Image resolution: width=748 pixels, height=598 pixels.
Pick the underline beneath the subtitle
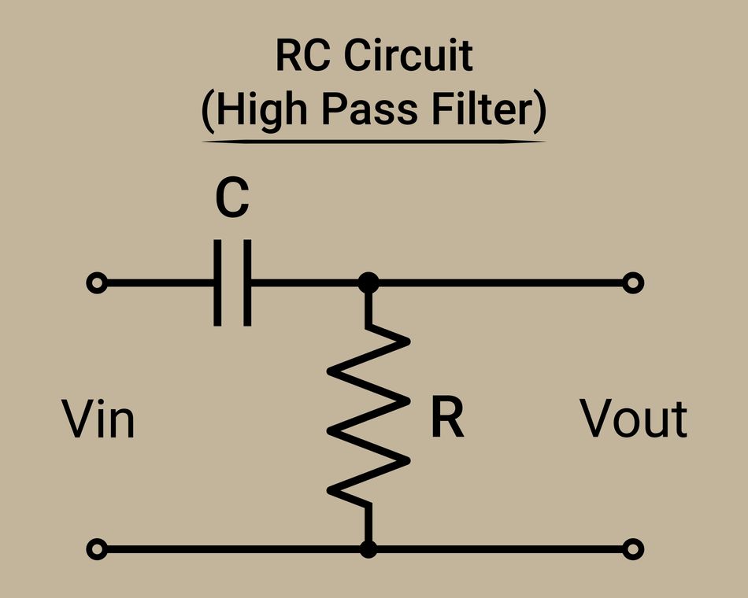coord(373,142)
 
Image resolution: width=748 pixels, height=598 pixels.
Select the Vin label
coord(98,419)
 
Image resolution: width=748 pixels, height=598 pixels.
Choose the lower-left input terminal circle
coord(97,548)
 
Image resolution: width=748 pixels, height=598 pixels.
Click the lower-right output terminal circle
coord(633,548)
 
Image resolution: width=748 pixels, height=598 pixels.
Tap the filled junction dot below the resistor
coord(368,548)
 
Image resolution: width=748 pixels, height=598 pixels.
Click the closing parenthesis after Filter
coord(539,113)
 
